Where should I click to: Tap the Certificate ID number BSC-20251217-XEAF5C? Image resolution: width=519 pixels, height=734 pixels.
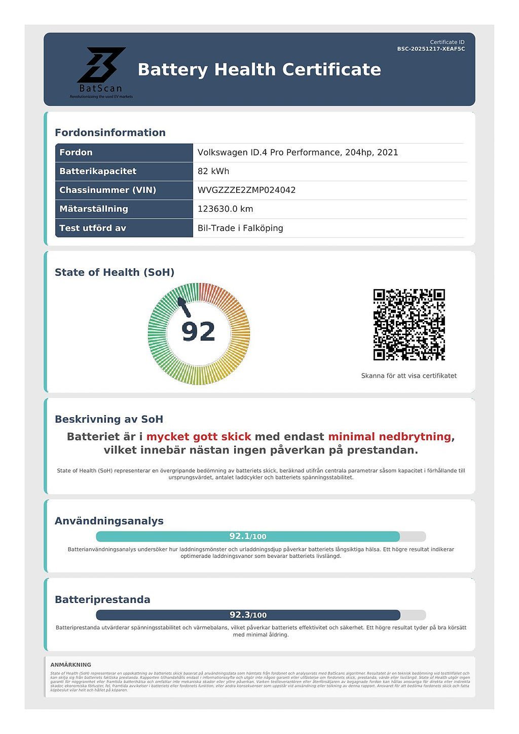tap(431, 49)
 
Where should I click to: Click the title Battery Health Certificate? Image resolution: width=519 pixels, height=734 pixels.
tap(259, 69)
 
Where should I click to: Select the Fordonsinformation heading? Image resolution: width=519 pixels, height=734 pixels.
tap(110, 133)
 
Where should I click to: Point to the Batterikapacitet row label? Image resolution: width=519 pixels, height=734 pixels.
tap(98, 171)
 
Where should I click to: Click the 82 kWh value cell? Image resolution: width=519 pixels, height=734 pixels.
tap(213, 171)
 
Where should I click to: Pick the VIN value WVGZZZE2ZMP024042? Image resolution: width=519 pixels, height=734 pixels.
tap(246, 190)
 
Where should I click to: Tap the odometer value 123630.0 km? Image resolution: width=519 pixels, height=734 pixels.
tap(225, 209)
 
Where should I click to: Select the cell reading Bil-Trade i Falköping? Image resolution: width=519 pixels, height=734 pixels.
tap(240, 228)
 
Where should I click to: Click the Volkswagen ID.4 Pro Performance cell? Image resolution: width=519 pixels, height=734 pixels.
tap(298, 152)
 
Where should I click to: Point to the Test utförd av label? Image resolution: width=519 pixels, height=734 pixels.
tap(93, 228)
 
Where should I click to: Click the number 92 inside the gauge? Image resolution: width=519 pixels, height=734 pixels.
tap(198, 332)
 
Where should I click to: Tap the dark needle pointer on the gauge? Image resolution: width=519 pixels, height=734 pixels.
tap(183, 306)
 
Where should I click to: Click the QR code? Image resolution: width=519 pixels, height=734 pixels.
tap(409, 324)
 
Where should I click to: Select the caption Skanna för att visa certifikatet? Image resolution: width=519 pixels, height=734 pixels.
tap(409, 376)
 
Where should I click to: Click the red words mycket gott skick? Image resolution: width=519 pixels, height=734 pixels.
tap(199, 436)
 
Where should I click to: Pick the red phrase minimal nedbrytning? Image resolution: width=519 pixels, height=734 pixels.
tap(389, 436)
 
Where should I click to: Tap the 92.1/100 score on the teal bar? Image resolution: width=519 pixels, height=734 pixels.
tap(248, 536)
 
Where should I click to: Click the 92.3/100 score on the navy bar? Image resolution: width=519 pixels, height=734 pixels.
tap(248, 615)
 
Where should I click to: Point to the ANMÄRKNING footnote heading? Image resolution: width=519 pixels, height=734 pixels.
tap(71, 665)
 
